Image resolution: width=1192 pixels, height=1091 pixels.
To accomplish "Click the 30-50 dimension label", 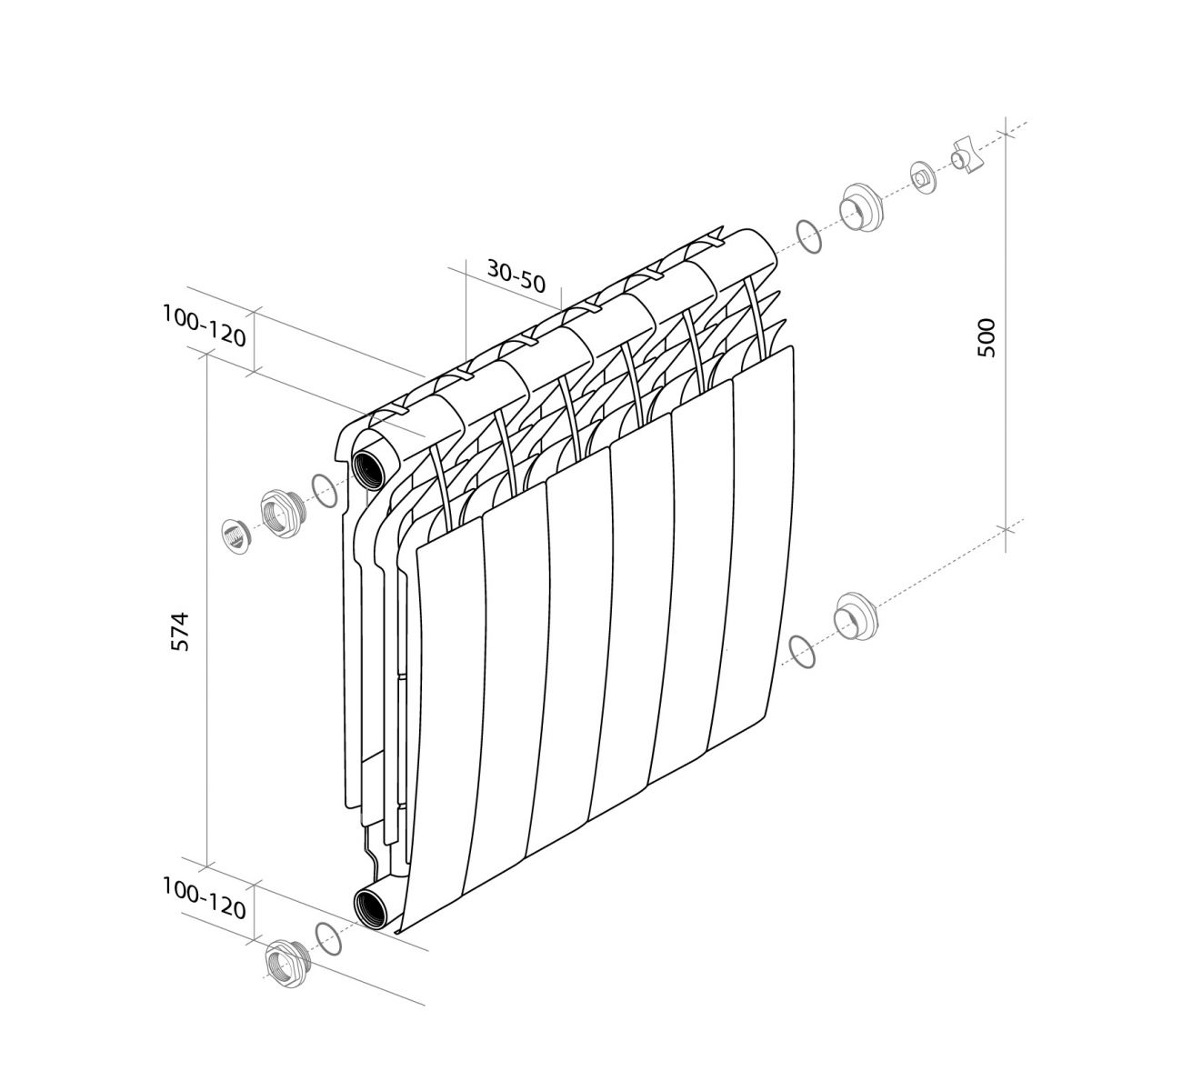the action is [516, 275].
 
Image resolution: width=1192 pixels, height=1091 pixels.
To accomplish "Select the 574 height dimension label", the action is [179, 632].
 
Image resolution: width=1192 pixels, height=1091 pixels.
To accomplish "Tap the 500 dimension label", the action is [986, 337].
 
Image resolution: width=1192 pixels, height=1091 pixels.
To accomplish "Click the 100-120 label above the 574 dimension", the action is [204, 326].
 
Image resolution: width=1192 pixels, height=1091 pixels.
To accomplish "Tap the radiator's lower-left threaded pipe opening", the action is [370, 906].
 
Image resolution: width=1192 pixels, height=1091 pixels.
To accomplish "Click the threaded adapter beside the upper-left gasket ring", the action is [284, 514].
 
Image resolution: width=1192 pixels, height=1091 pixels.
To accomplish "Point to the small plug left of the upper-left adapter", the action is [235, 536].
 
